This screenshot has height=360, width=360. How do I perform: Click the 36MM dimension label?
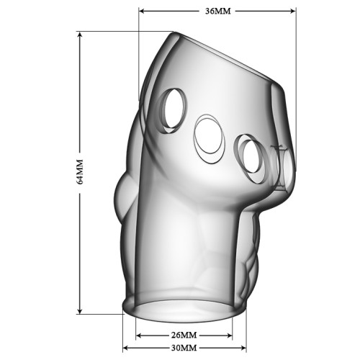[x=217, y=11]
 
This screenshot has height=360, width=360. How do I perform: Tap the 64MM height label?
[x=80, y=171]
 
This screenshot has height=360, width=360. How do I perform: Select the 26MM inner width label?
[x=184, y=335]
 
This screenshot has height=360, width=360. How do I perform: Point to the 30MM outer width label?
[x=184, y=348]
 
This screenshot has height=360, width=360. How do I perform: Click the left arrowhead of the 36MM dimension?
[x=142, y=11]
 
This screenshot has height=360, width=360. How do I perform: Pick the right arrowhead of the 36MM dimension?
[x=293, y=11]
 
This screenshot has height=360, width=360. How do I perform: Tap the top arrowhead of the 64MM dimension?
[x=80, y=35]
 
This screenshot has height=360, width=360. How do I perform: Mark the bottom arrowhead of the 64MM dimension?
[x=80, y=311]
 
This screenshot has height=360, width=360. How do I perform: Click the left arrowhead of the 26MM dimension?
[x=138, y=336]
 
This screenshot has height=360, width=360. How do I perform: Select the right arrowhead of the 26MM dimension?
[x=230, y=336]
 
